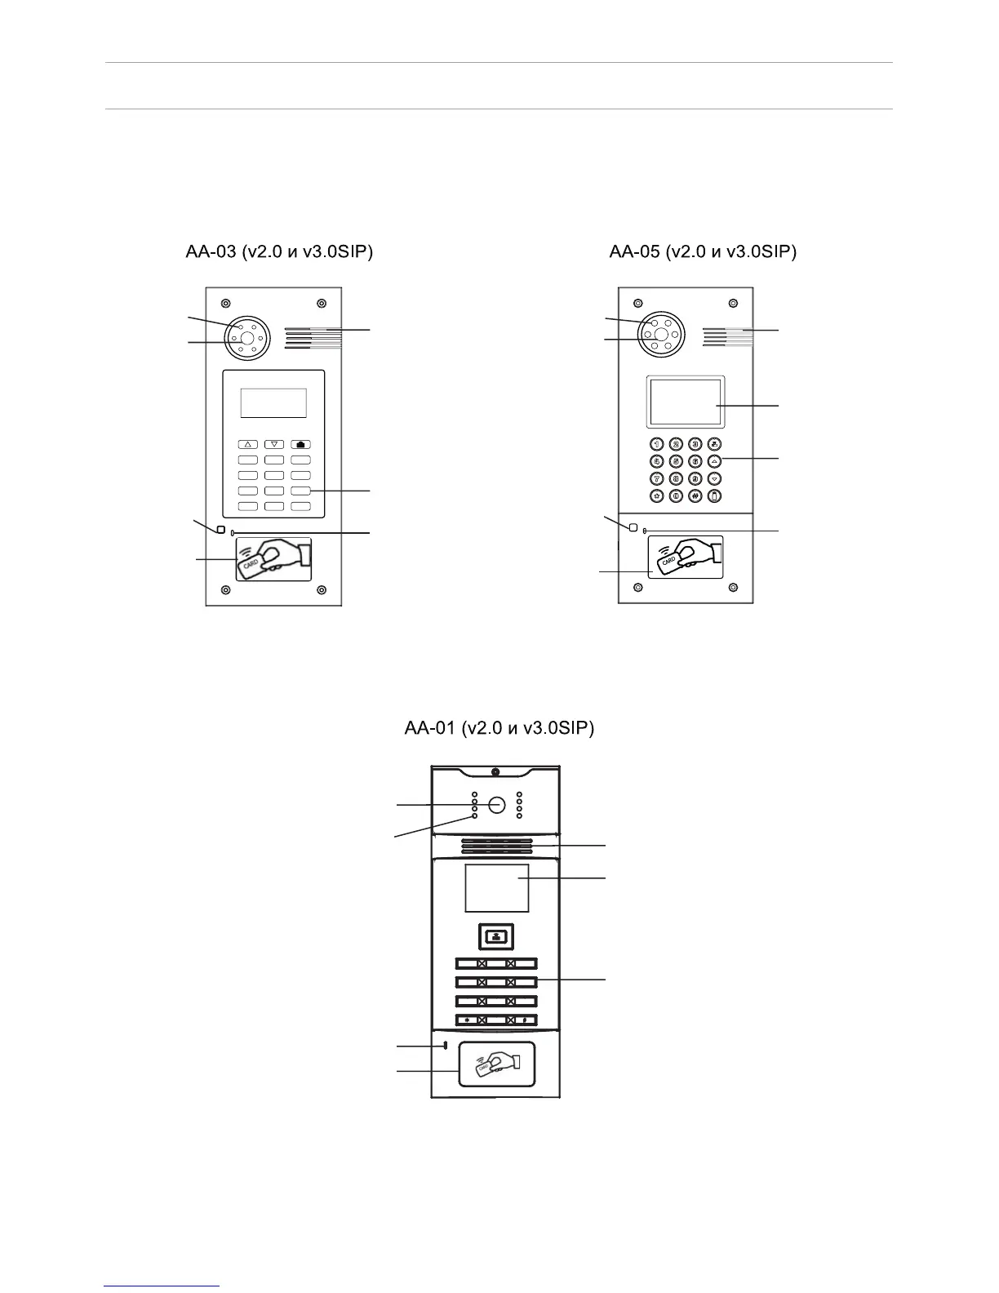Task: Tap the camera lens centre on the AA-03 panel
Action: (x=246, y=337)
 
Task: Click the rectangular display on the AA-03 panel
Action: (x=273, y=403)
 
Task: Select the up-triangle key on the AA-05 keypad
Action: (x=715, y=461)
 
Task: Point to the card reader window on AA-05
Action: (x=686, y=557)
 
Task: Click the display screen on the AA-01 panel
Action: (x=497, y=888)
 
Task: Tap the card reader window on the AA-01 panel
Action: (x=497, y=1064)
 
